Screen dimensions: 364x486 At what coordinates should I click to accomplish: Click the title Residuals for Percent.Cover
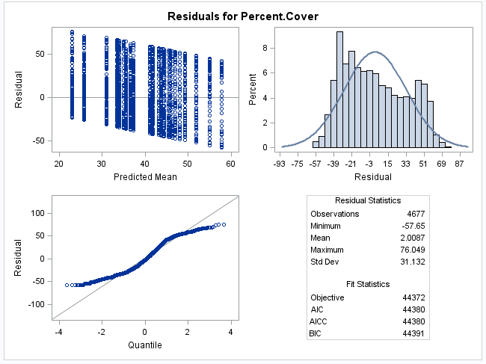(x=242, y=16)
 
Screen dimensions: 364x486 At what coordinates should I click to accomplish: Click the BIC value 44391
(x=413, y=333)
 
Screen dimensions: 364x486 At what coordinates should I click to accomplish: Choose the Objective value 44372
(x=413, y=297)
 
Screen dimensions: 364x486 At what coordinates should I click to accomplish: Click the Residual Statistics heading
(x=367, y=200)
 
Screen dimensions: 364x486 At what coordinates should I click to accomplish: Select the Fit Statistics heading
(x=367, y=284)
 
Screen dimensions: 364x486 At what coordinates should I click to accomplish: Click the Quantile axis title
(x=145, y=345)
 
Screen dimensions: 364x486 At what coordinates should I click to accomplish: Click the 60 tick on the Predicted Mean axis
(x=232, y=164)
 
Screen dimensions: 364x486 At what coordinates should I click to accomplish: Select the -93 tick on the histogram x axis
(x=279, y=164)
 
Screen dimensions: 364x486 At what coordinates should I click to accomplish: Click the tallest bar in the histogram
(x=339, y=90)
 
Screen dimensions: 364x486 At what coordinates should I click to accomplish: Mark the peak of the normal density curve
(x=375, y=52)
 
